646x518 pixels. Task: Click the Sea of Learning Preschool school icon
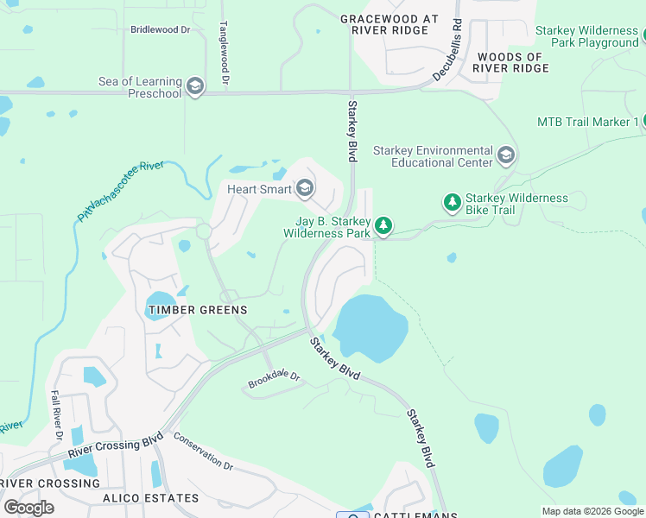click(x=195, y=87)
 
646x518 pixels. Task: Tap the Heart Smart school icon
click(x=304, y=188)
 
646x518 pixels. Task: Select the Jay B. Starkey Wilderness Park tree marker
click(x=383, y=226)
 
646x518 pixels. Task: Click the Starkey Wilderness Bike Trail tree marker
click(x=452, y=203)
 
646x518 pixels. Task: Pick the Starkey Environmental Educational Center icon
click(x=506, y=156)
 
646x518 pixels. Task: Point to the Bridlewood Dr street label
click(x=160, y=29)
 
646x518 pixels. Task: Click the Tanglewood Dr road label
click(x=224, y=53)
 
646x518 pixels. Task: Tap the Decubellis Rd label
click(x=448, y=51)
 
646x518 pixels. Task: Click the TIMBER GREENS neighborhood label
click(x=198, y=310)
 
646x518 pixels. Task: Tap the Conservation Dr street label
click(x=203, y=452)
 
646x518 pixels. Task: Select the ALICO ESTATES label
click(x=151, y=498)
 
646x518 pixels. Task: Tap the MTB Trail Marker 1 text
click(x=587, y=122)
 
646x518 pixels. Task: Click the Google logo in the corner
click(x=29, y=507)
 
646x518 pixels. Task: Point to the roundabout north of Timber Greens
click(x=204, y=231)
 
